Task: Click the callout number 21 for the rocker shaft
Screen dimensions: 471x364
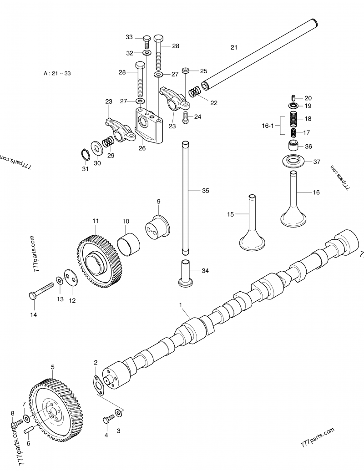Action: pos(234,47)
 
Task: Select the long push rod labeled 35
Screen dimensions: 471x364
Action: pos(185,198)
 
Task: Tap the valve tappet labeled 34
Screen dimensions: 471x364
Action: pos(186,273)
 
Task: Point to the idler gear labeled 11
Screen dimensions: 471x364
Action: pos(99,261)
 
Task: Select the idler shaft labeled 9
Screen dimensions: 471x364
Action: pos(157,227)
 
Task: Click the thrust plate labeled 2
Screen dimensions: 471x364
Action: pos(98,385)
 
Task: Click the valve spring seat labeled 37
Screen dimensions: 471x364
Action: pos(293,162)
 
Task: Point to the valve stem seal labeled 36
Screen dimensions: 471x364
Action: pos(293,147)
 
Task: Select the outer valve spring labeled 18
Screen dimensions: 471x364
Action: pos(293,119)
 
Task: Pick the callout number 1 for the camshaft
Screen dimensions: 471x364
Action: pos(181,305)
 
